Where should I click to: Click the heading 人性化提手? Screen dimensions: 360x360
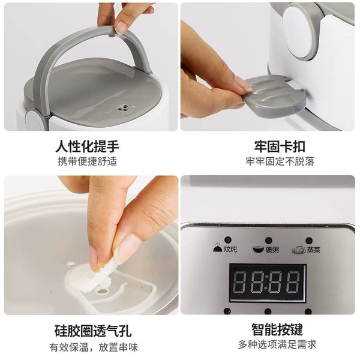pyautogui.click(x=88, y=146)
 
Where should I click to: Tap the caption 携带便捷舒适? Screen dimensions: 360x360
pyautogui.click(x=87, y=161)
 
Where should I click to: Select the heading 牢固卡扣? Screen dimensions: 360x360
pyautogui.click(x=280, y=146)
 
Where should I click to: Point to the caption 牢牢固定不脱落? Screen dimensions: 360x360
pyautogui.click(x=280, y=161)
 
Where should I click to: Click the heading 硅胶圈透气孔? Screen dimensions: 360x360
pyautogui.click(x=93, y=331)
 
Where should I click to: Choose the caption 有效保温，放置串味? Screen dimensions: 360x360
pyautogui.click(x=94, y=347)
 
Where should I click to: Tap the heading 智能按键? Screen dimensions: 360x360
pyautogui.click(x=277, y=329)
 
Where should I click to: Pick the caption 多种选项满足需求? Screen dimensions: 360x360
pyautogui.click(x=277, y=344)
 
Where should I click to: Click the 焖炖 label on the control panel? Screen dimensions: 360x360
pyautogui.click(x=230, y=249)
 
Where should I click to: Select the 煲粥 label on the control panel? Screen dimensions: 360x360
pyautogui.click(x=272, y=250)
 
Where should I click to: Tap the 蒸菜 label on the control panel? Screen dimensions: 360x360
pyautogui.click(x=313, y=250)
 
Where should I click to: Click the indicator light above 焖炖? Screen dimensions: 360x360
pyautogui.click(x=228, y=239)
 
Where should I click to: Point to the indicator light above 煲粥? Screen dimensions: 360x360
pyautogui.click(x=268, y=241)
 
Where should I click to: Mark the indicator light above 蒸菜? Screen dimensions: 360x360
pyautogui.click(x=309, y=241)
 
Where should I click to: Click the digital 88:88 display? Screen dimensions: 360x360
pyautogui.click(x=268, y=283)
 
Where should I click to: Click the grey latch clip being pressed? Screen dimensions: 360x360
pyautogui.click(x=274, y=96)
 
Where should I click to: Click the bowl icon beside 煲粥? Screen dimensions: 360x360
pyautogui.click(x=259, y=249)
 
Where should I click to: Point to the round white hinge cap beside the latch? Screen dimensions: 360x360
pyautogui.click(x=298, y=33)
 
